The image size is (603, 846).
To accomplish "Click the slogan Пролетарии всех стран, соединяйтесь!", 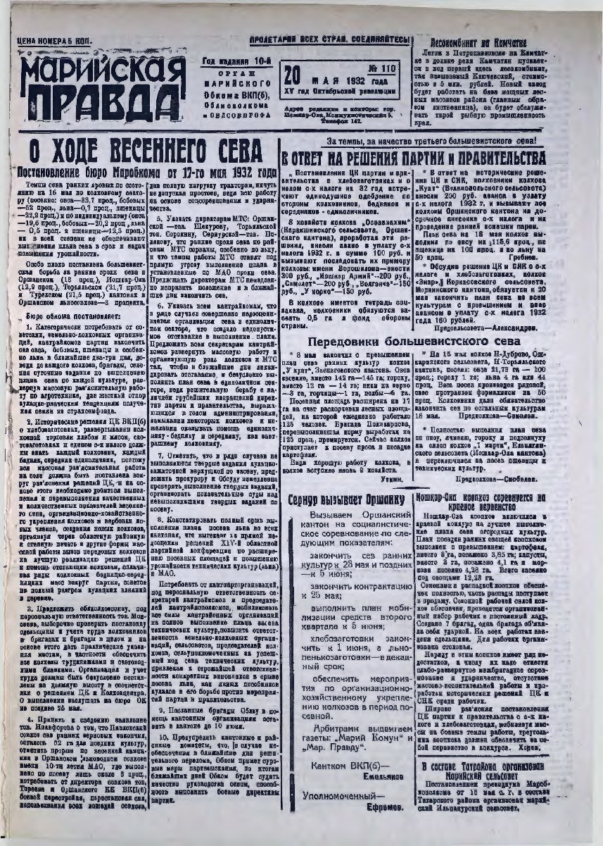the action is click(329, 40).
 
